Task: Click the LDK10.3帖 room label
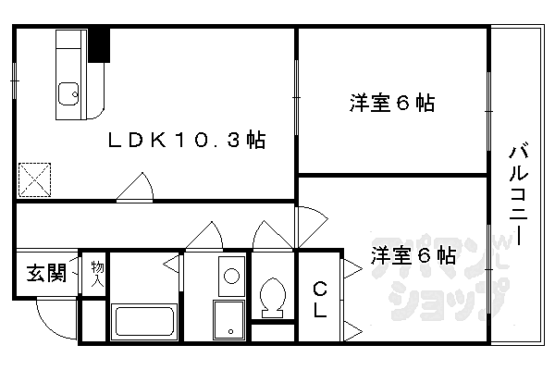(x=187, y=140)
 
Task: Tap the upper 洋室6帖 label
(x=392, y=103)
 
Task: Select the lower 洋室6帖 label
(x=413, y=255)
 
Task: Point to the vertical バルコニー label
(x=519, y=193)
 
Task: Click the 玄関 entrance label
(x=47, y=273)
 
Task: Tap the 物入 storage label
(x=97, y=274)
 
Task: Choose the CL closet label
(x=320, y=299)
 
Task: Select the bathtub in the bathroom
(x=144, y=322)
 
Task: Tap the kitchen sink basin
(x=68, y=93)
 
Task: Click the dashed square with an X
(x=35, y=179)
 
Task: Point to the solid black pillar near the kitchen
(x=99, y=45)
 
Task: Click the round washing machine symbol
(x=232, y=276)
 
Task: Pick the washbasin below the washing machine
(x=229, y=320)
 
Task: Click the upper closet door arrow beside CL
(x=352, y=269)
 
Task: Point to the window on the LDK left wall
(x=14, y=80)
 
